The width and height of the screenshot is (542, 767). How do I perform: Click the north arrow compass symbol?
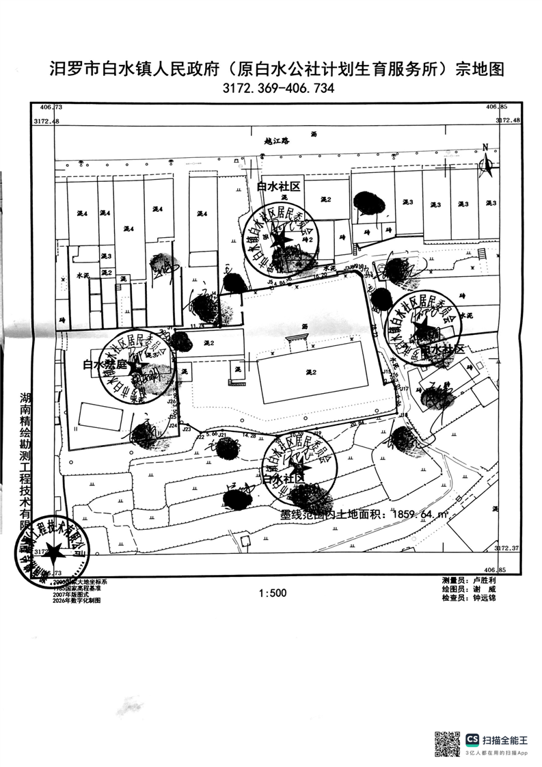tap(486, 161)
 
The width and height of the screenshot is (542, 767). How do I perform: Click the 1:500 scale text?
tap(273, 593)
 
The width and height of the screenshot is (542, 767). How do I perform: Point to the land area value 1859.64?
tap(414, 513)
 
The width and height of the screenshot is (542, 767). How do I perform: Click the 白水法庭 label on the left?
tap(106, 365)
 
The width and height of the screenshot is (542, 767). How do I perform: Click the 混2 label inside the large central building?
tap(311, 372)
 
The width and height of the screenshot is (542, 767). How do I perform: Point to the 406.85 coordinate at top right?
tap(496, 107)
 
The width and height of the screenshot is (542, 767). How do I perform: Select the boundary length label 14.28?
tap(249, 435)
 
